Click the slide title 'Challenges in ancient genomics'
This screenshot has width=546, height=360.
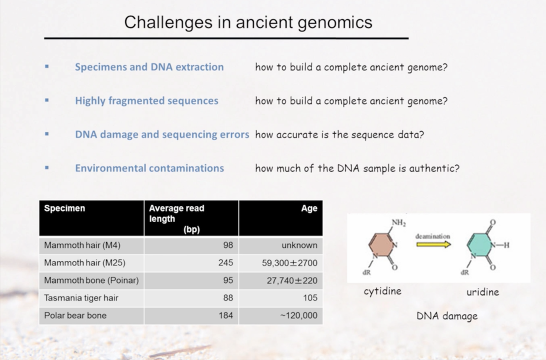tap(248, 22)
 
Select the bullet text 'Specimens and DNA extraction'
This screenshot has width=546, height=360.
tap(149, 67)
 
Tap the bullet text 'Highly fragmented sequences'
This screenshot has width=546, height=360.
tap(147, 101)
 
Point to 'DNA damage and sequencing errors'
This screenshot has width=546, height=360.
tap(162, 134)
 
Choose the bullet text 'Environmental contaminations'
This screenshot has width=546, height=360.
tap(149, 168)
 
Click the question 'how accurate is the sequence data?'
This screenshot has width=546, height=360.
tap(339, 135)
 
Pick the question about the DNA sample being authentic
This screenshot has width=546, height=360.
tap(358, 168)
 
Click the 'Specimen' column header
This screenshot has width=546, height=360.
tap(65, 208)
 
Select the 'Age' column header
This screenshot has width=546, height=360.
tap(309, 208)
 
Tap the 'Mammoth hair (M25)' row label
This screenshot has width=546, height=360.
tap(85, 263)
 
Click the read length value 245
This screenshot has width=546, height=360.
tap(226, 263)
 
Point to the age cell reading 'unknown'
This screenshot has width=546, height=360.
tap(299, 245)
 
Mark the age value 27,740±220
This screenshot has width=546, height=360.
tap(292, 281)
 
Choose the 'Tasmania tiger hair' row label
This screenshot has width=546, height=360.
tap(81, 298)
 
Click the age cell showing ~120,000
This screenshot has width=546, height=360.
tap(299, 315)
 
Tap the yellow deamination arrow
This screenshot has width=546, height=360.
tap(434, 245)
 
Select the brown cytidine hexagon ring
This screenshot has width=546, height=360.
tap(381, 245)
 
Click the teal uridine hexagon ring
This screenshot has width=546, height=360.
tap(479, 245)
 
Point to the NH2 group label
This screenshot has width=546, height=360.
tap(399, 223)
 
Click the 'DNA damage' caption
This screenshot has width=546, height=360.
tap(447, 316)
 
